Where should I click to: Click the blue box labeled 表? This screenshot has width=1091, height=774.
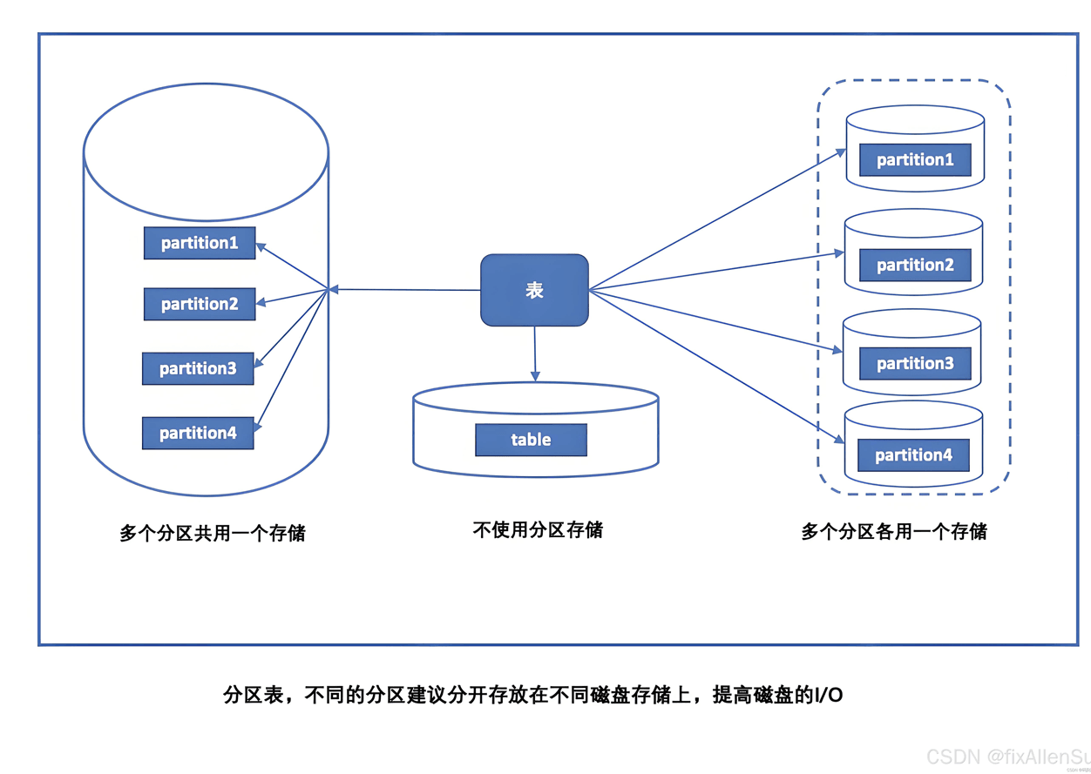[x=534, y=291]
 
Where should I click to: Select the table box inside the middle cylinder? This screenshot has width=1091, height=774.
[x=531, y=440]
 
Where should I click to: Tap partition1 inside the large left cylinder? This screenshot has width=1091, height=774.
[x=200, y=243]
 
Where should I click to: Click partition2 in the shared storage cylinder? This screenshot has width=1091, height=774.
[x=200, y=304]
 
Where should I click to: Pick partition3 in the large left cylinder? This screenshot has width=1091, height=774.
[x=198, y=368]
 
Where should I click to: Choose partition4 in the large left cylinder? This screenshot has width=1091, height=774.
[x=198, y=433]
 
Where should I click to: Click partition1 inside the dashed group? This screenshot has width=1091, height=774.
[x=915, y=160]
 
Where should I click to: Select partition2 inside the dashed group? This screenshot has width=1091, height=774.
[x=915, y=265]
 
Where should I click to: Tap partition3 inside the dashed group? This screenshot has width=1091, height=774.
[x=915, y=363]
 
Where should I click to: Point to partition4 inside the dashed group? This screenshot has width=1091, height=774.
[x=913, y=454]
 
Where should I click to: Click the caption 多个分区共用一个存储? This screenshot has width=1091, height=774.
[x=213, y=533]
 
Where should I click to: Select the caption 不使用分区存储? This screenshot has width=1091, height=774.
[x=538, y=529]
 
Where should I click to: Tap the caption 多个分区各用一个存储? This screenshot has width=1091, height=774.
[x=894, y=531]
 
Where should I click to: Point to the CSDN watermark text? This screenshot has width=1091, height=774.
[x=1006, y=756]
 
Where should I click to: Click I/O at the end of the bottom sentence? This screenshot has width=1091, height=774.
[x=828, y=696]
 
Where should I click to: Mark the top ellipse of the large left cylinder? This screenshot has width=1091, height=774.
[x=206, y=153]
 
